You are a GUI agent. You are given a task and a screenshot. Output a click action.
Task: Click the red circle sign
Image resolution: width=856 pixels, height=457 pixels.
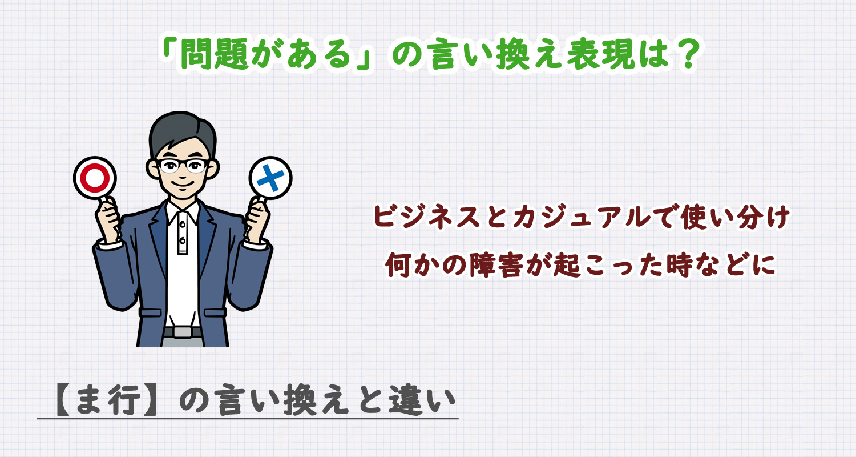tap(95, 178)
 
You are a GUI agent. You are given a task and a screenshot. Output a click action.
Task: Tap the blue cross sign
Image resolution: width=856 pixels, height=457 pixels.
tap(270, 178)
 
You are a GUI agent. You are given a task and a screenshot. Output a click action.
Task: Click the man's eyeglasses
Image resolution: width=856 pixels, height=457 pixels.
tap(183, 166)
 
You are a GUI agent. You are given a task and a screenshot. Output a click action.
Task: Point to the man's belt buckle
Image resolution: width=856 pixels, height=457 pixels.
tap(183, 331)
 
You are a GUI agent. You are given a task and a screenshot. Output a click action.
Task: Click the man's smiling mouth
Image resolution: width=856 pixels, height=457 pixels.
tap(183, 187)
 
